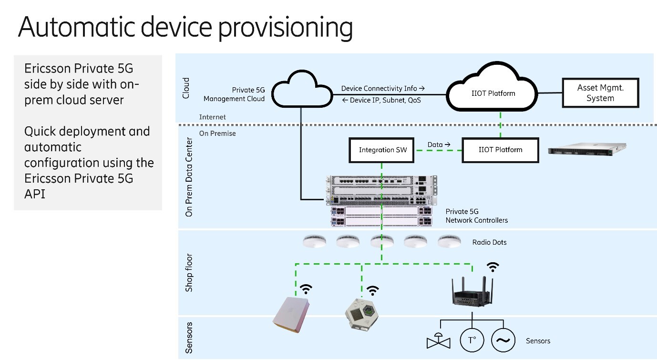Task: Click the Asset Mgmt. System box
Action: pyautogui.click(x=600, y=93)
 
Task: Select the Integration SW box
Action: pyautogui.click(x=383, y=150)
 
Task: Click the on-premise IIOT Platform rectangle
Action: pyautogui.click(x=500, y=150)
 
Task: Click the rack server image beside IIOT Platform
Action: pyautogui.click(x=586, y=149)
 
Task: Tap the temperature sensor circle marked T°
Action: pyautogui.click(x=472, y=340)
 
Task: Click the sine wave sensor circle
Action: pyautogui.click(x=503, y=340)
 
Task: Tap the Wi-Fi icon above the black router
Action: pyautogui.click(x=493, y=267)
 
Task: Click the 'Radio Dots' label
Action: pyautogui.click(x=489, y=242)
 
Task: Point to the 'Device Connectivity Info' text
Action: pyautogui.click(x=382, y=88)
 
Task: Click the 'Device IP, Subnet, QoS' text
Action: pyautogui.click(x=381, y=100)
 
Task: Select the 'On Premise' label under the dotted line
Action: pyautogui.click(x=217, y=134)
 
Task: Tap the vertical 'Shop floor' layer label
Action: pyautogui.click(x=189, y=273)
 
